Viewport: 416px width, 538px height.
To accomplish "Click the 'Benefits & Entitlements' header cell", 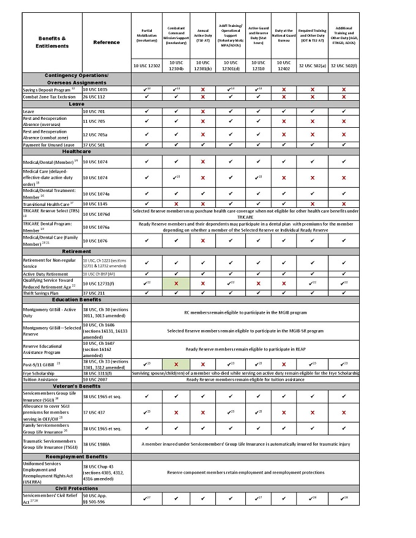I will (x=52, y=42).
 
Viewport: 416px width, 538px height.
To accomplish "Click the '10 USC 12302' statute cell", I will (x=146, y=64).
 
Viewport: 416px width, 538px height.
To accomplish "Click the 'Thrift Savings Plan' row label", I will (x=43, y=293).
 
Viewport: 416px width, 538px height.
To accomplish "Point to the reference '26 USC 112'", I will (x=97, y=97).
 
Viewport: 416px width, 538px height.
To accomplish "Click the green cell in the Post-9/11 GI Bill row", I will (x=176, y=363).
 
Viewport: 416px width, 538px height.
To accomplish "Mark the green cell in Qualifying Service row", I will (x=176, y=284).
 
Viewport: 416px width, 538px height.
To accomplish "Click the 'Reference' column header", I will (x=106, y=42).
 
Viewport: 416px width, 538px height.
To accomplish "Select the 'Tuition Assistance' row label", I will (x=42, y=379).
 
